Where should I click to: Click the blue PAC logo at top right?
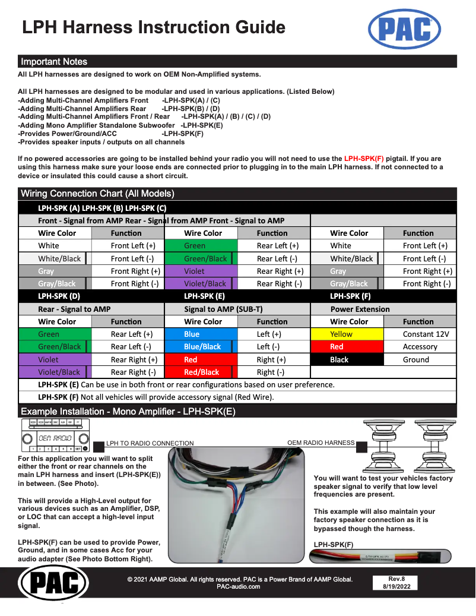[x=404, y=29]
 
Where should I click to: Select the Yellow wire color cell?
[x=347, y=334]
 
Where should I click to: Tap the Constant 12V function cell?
[x=420, y=334]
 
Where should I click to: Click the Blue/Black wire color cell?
[x=202, y=347]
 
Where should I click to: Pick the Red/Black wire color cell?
[x=202, y=372]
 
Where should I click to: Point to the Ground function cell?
[x=420, y=360]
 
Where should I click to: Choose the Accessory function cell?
[x=420, y=347]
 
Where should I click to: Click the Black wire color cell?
[x=347, y=360]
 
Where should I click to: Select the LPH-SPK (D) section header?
[x=59, y=296]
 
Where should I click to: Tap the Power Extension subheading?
[x=360, y=309]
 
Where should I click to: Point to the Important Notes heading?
[x=54, y=62]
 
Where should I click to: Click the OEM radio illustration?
[x=54, y=438]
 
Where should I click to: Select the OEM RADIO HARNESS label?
[x=320, y=443]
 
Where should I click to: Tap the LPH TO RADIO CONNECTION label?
[x=150, y=443]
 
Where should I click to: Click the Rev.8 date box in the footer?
[x=396, y=583]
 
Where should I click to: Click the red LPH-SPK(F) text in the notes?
[x=364, y=159]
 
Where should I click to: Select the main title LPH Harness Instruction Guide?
[x=154, y=27]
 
